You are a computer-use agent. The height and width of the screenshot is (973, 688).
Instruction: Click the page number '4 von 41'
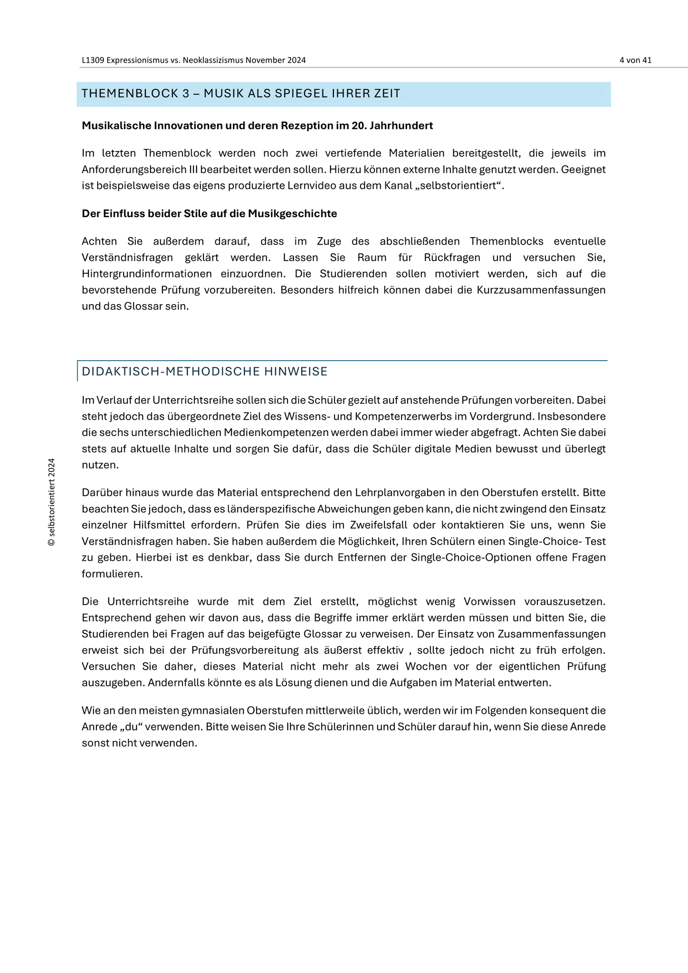[635, 60]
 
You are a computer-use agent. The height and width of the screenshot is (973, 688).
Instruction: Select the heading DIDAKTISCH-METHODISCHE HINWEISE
[205, 372]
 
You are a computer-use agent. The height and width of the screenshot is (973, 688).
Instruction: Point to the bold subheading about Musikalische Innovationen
[257, 126]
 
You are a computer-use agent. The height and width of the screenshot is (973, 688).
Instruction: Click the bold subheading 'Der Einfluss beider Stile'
[209, 214]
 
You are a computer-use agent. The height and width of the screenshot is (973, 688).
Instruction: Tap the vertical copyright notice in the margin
[52, 502]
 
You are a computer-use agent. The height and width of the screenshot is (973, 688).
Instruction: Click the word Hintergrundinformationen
[147, 274]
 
